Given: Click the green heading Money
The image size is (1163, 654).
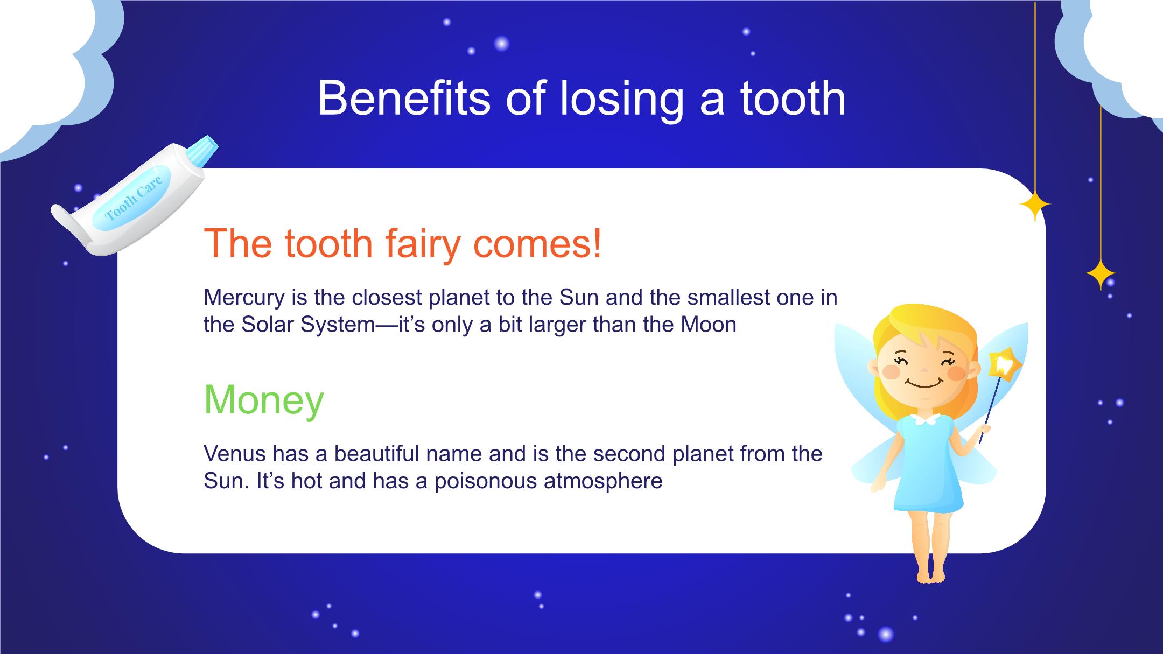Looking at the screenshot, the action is [264, 400].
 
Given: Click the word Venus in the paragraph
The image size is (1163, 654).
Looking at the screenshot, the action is [234, 454].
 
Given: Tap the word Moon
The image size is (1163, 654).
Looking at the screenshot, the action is [709, 325].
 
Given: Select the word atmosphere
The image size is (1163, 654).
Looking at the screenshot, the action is [603, 481].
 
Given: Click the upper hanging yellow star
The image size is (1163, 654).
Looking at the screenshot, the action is [1034, 205].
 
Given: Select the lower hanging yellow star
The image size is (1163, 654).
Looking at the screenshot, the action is [1100, 275].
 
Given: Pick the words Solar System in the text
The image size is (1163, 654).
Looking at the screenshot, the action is [308, 325].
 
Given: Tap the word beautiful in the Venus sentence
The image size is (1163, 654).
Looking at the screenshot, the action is [377, 454].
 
